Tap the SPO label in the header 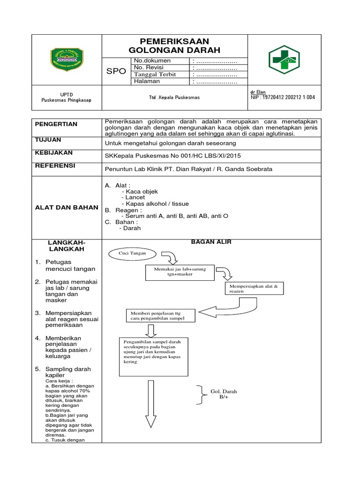(116, 71)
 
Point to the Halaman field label (147, 81)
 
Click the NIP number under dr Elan (283, 97)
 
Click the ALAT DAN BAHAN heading (67, 207)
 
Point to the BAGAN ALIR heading (211, 242)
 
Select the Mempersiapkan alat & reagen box (255, 288)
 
